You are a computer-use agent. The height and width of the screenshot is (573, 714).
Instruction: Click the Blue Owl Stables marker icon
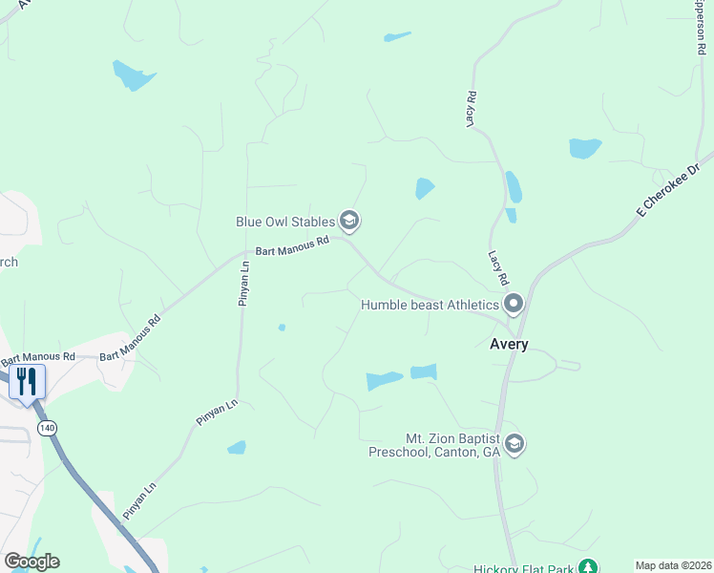[x=349, y=222]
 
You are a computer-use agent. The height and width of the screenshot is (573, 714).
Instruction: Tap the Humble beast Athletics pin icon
[x=514, y=305]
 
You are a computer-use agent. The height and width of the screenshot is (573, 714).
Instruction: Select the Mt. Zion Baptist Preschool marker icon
[x=514, y=445]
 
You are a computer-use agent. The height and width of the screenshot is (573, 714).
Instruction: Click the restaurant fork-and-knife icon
[x=25, y=382]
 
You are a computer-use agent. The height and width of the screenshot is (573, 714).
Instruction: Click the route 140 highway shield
[x=46, y=428]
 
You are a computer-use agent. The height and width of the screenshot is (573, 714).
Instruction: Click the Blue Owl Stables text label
[x=285, y=222]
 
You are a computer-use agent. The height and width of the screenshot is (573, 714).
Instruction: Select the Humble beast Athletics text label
[x=430, y=306]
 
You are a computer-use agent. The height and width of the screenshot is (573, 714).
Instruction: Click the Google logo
[x=31, y=562]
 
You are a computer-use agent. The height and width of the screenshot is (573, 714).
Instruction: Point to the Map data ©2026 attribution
[x=673, y=565]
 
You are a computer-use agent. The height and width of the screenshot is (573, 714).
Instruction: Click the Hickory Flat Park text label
[x=524, y=569]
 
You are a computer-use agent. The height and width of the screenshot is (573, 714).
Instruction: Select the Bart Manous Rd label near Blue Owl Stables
[x=291, y=246]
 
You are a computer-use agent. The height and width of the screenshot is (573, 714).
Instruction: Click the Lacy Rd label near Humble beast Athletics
[x=496, y=268]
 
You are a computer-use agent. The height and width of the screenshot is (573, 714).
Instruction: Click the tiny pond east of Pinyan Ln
[x=282, y=328]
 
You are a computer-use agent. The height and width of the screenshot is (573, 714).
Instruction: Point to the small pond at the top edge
[x=397, y=37]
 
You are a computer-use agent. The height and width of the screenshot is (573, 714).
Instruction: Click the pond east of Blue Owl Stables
[x=425, y=188]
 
